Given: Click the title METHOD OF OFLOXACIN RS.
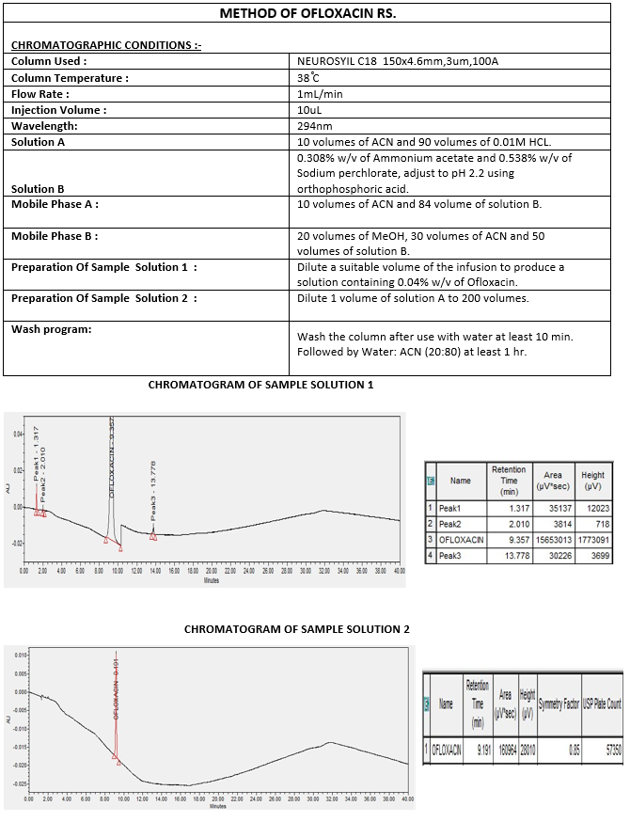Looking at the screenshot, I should pos(314,14).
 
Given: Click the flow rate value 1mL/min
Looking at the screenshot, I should pos(320,94).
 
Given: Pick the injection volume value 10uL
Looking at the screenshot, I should pos(310,110).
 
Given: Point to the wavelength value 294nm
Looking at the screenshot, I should pos(315,126).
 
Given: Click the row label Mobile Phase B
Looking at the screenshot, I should pos(55,236).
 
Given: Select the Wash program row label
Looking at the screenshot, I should pos(51,329).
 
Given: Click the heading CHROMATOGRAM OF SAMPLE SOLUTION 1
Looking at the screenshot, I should pos(260,385).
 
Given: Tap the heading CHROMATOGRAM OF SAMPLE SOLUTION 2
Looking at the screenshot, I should pos(296,629).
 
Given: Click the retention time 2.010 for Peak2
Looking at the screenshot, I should pos(509,524).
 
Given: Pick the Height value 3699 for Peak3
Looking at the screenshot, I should pos(593,556).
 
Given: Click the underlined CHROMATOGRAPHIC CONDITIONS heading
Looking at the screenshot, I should pos(105,45).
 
